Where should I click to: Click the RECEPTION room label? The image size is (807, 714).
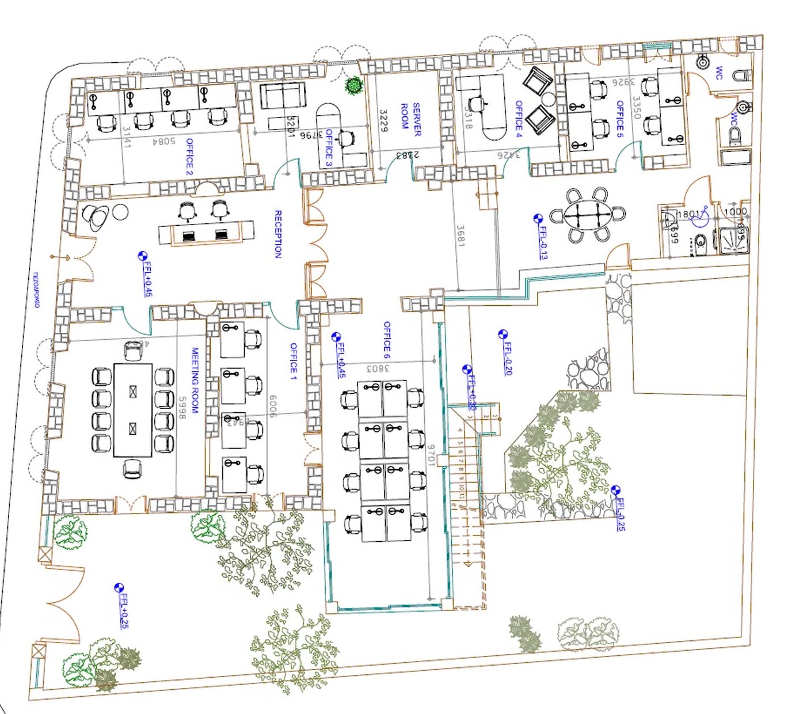coord(279,234)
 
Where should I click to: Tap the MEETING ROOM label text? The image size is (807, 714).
coord(195,380)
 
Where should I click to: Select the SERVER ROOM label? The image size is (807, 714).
coord(410,120)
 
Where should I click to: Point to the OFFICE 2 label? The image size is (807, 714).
coord(189,157)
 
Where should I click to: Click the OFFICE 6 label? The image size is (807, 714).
coord(387,340)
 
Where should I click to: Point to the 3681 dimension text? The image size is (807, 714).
coord(460,236)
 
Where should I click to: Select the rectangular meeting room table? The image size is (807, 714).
coord(133,409)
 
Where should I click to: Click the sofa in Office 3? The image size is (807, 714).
coord(282,95)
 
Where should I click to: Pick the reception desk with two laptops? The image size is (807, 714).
coord(206,233)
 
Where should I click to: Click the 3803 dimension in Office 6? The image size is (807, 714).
coord(378,367)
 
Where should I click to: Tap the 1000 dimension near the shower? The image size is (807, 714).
coord(735,212)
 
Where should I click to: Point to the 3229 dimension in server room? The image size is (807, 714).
coord(384,120)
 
